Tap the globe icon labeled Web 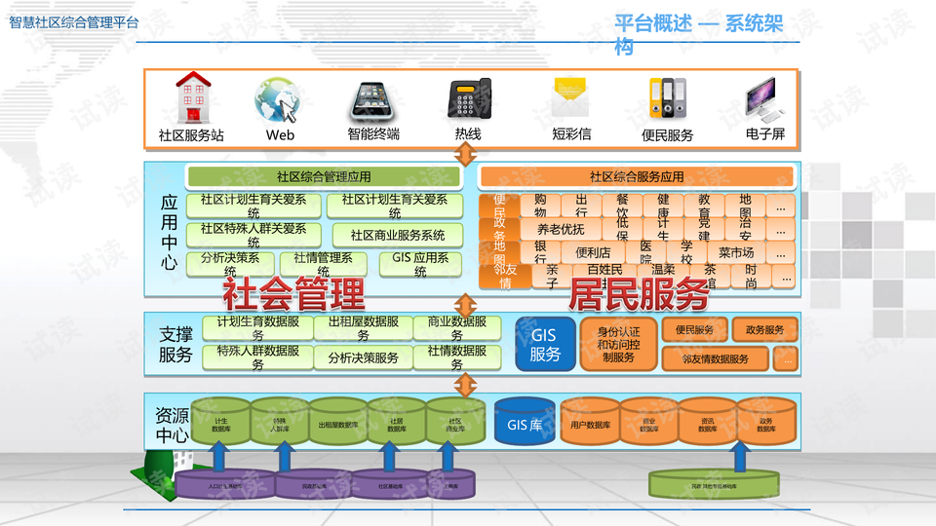point(277,99)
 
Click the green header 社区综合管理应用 point(324,177)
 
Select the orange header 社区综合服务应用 point(637,177)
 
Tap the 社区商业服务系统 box point(398,236)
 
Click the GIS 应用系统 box point(420,264)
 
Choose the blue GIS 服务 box point(545,344)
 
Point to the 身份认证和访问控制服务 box point(618,344)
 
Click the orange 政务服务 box point(764,330)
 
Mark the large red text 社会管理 point(293,293)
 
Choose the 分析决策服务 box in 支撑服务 point(363,357)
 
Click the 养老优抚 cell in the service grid point(561,230)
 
